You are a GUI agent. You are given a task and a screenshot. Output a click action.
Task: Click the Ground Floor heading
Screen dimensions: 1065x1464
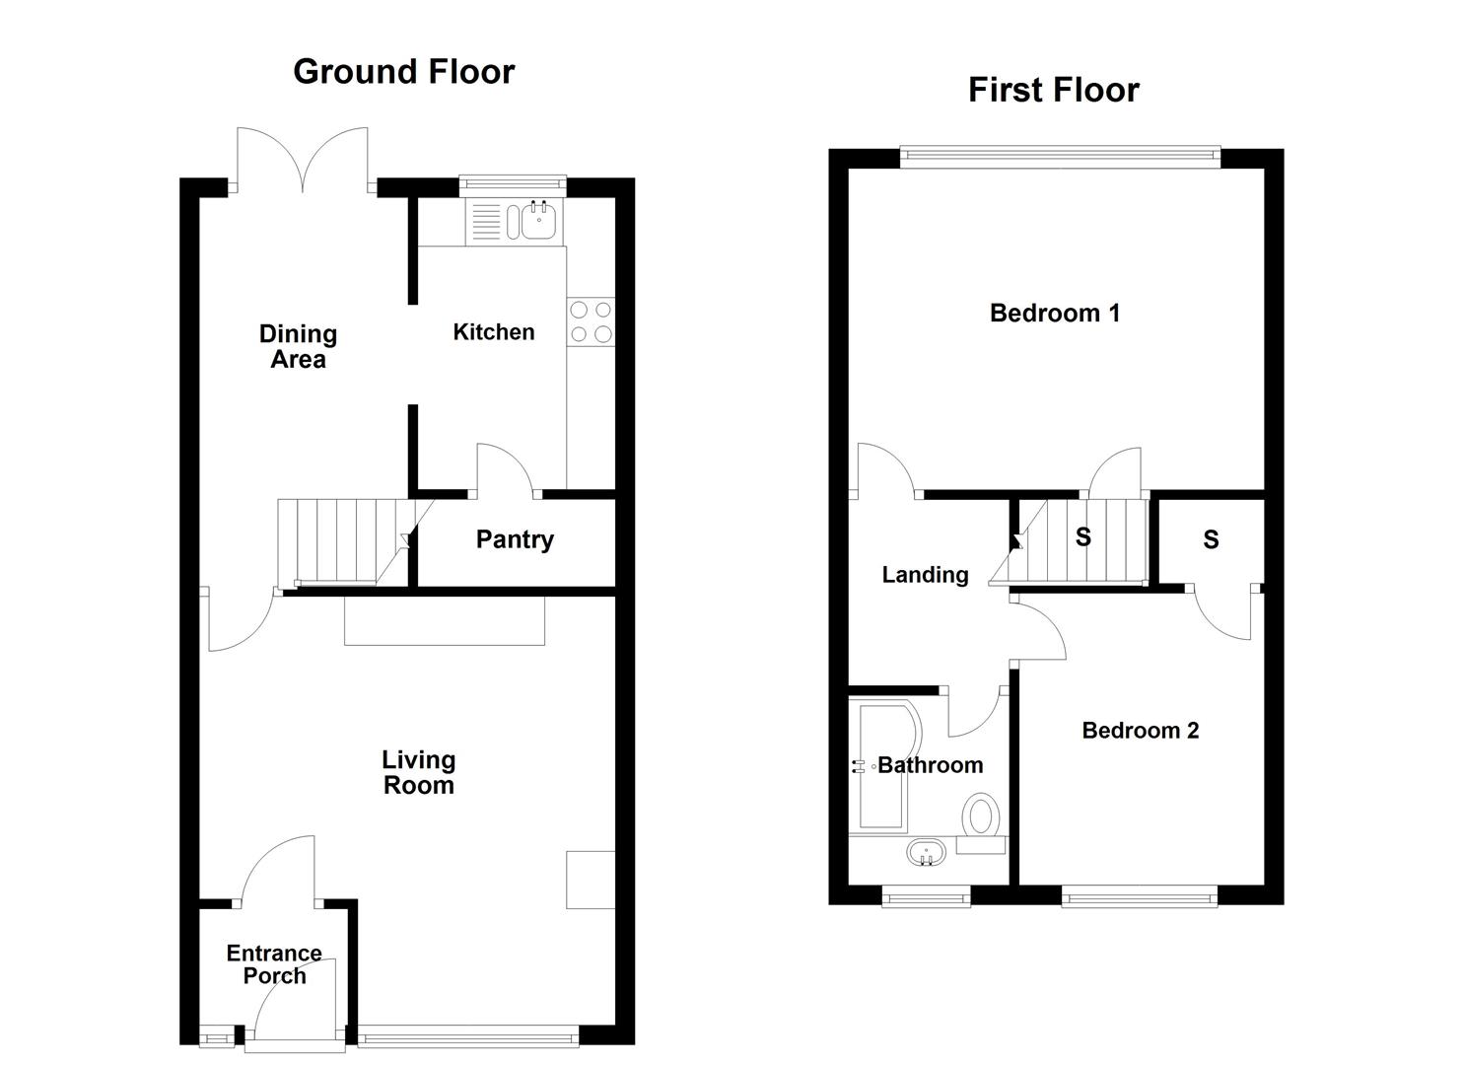click(x=403, y=72)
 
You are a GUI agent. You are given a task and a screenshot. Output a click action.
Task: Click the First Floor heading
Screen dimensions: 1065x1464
click(x=1053, y=90)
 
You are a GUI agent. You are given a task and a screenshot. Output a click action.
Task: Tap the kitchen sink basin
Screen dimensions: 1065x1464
click(x=538, y=221)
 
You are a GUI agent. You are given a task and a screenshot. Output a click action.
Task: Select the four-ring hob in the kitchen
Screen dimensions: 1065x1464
click(x=590, y=322)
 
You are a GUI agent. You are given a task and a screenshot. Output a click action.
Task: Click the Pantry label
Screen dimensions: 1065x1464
click(x=515, y=539)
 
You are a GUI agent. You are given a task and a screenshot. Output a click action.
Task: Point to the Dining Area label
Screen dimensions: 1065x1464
click(x=298, y=346)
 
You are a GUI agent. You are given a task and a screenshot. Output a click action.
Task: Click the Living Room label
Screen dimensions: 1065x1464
click(x=418, y=772)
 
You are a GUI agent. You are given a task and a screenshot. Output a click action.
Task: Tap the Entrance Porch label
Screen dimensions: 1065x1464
click(x=274, y=964)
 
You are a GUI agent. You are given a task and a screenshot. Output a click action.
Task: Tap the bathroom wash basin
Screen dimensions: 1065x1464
click(x=926, y=852)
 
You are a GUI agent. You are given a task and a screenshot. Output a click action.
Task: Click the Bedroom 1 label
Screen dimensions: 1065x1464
click(x=1054, y=314)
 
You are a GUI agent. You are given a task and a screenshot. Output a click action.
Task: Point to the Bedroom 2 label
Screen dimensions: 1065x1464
click(x=1140, y=731)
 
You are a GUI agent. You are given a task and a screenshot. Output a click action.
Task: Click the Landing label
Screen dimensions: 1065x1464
click(x=925, y=575)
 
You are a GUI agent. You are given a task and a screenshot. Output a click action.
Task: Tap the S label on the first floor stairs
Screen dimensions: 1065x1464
click(x=1082, y=537)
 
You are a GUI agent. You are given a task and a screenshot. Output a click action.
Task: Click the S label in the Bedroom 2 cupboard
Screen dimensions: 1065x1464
click(x=1211, y=539)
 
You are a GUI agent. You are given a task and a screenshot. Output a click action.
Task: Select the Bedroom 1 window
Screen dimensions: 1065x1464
click(x=1060, y=153)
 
